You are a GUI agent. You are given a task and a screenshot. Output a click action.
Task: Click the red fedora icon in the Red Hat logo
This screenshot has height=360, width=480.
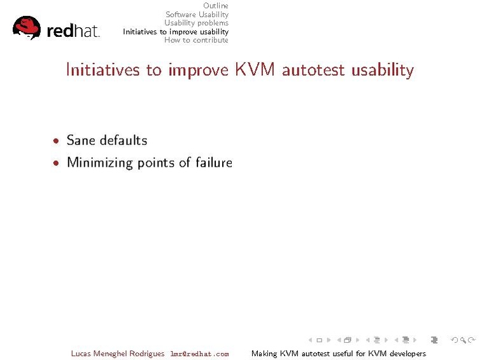click(27, 27)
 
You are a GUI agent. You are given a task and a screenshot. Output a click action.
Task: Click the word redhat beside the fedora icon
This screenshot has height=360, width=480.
click(73, 31)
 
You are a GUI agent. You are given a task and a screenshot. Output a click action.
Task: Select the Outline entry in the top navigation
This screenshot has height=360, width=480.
click(215, 6)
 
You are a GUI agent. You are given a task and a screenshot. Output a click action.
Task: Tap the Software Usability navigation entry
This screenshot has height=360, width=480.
click(197, 15)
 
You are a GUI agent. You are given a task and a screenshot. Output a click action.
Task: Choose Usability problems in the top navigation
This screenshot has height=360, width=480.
click(196, 23)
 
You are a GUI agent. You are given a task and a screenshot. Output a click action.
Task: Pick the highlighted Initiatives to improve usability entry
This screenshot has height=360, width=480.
click(176, 32)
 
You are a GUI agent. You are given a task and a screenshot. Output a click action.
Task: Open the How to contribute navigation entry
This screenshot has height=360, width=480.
click(196, 40)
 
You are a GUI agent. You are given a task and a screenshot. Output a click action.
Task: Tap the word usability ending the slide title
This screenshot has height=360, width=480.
click(382, 70)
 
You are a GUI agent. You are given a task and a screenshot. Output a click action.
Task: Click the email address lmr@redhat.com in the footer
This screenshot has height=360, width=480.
click(199, 354)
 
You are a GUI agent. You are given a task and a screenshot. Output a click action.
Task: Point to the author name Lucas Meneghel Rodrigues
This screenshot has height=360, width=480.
click(118, 354)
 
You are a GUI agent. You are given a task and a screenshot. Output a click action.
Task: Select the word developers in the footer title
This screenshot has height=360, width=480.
click(406, 354)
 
